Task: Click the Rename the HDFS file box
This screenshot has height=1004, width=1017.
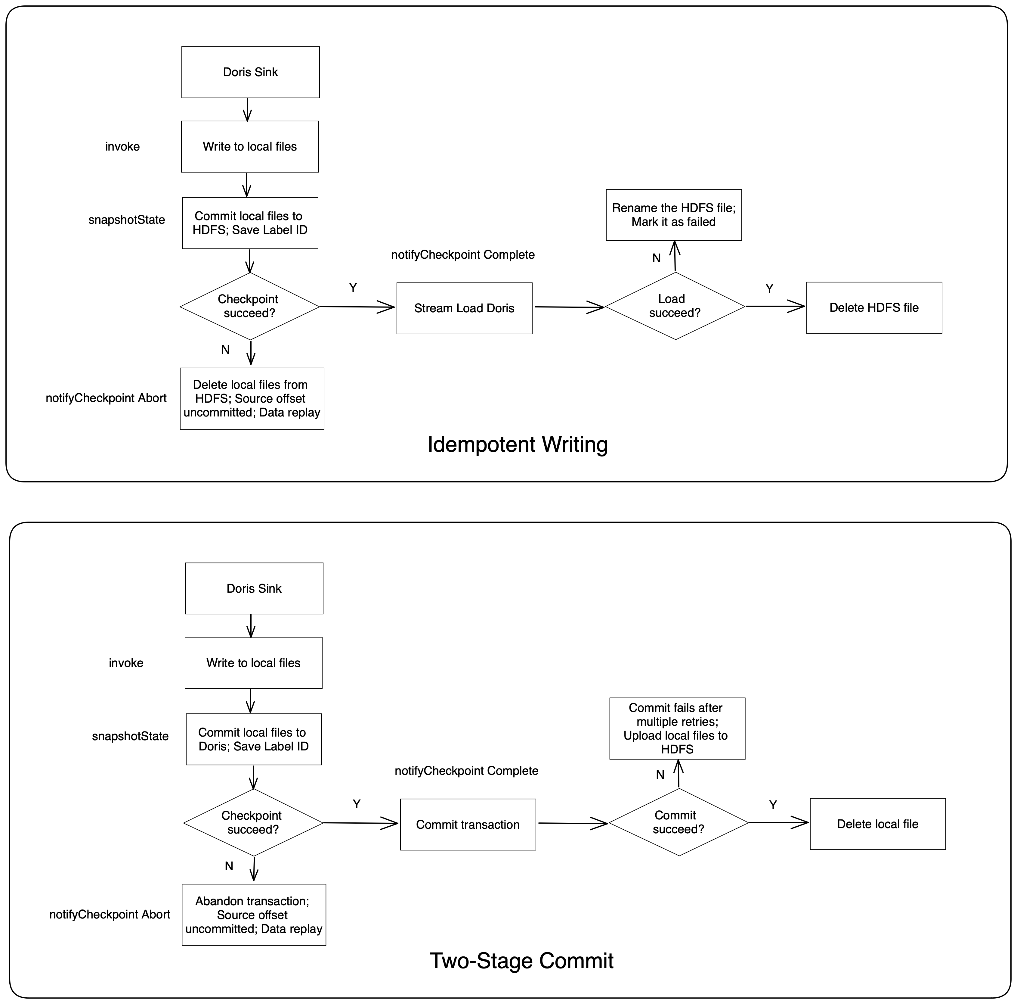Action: click(673, 215)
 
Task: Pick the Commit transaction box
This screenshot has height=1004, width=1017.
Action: click(468, 825)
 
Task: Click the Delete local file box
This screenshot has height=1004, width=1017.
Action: click(877, 824)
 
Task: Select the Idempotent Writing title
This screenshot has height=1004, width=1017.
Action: click(518, 444)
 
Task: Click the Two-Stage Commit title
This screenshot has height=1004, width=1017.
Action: click(521, 960)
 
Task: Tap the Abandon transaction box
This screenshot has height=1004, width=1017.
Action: click(253, 915)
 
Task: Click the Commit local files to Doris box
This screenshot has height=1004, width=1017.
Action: click(253, 739)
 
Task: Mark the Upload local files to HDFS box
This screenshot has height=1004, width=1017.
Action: click(677, 728)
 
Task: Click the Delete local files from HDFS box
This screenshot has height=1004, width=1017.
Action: click(252, 399)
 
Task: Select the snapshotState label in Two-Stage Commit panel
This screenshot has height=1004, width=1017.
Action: click(130, 736)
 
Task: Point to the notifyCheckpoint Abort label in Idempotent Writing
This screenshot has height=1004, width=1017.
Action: click(106, 398)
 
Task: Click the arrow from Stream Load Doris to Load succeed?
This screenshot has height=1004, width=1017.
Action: click(568, 307)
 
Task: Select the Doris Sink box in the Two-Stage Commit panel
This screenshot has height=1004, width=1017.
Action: click(254, 588)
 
